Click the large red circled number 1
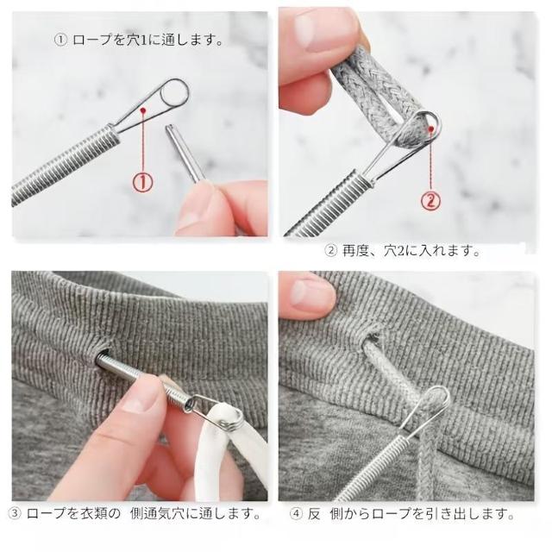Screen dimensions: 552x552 click(x=142, y=182)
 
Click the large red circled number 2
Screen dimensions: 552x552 click(x=430, y=201)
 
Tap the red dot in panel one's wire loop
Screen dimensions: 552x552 click(x=142, y=110)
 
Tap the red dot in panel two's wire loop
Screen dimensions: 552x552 click(x=430, y=130)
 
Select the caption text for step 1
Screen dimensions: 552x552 click(x=139, y=40)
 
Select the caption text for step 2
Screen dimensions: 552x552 click(x=403, y=251)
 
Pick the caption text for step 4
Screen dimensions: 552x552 click(x=402, y=514)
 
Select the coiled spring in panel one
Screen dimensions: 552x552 click(x=66, y=165)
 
